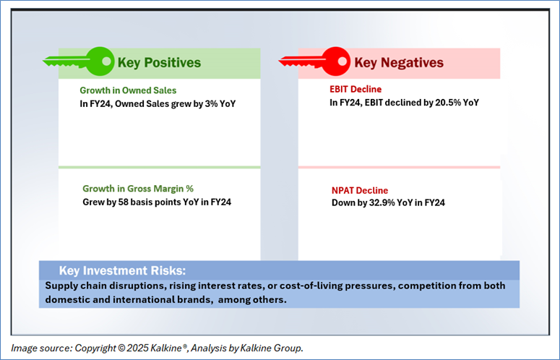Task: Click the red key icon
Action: point(315,61)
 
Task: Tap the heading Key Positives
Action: point(159,62)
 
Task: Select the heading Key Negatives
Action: point(399,62)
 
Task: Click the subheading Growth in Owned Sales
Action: point(128,90)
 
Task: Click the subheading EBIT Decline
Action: point(356,89)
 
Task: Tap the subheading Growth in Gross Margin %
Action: point(138,189)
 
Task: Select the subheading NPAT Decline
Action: point(360,190)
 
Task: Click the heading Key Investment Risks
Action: point(123,270)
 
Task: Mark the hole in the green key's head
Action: point(106,61)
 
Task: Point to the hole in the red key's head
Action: point(343,61)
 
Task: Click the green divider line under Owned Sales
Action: point(159,167)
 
